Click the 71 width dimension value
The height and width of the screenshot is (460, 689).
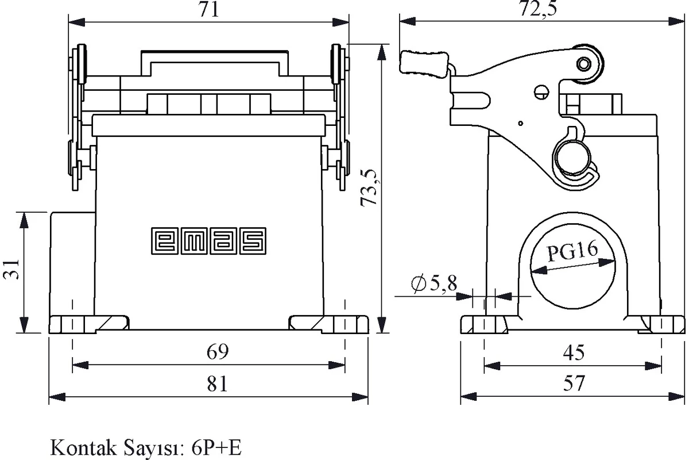coord(209,10)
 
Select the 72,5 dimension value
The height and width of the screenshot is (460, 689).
coord(539,8)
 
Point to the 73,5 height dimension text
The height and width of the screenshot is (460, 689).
coord(370,187)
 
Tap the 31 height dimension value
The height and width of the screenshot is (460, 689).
coord(11,269)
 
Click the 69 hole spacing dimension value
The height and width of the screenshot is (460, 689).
coord(218,351)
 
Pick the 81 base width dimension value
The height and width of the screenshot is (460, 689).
coord(218,384)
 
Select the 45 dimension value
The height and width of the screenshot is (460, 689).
coord(574,353)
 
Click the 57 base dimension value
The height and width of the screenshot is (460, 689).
coord(574,384)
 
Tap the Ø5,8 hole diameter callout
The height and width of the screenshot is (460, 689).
coord(434,283)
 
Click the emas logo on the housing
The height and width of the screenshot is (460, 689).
coord(208,240)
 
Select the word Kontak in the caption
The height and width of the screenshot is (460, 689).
coord(83,448)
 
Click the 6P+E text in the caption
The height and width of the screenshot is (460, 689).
coord(216,448)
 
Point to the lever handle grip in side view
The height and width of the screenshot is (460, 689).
coord(424,63)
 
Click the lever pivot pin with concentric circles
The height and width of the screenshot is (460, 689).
coord(583,64)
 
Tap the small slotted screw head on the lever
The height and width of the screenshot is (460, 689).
coord(541,92)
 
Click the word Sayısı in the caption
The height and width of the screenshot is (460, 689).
coord(154,448)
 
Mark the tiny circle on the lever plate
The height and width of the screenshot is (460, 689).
coord(520,123)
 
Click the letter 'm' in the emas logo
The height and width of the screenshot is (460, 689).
coord(194,241)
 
